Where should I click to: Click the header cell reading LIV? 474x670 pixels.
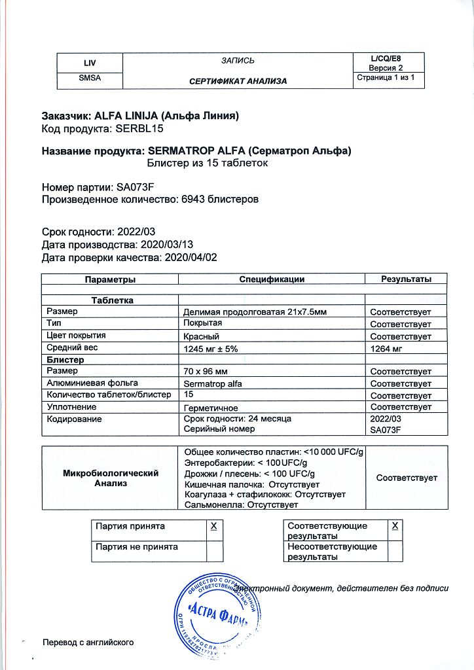click(89, 63)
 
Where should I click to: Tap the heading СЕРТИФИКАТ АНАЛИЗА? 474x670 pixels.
click(238, 81)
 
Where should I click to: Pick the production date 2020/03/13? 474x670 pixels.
click(169, 245)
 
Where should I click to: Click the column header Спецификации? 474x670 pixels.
click(272, 279)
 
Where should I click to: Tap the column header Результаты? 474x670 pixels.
click(406, 279)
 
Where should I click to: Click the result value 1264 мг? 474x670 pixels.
click(386, 349)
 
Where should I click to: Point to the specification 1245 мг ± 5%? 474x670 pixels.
click(211, 349)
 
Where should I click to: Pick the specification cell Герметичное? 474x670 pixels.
click(211, 407)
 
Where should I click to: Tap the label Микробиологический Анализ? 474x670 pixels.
click(110, 478)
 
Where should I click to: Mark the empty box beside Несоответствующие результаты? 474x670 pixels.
click(394, 552)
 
